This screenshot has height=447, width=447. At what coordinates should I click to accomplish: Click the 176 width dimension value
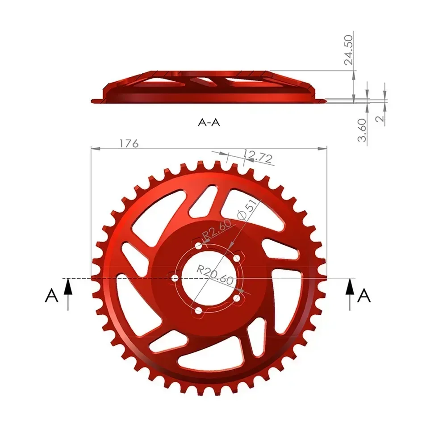tap(129, 143)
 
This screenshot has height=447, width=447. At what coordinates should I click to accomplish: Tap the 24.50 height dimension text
tap(349, 50)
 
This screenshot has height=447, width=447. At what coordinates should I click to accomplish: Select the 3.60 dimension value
tap(362, 130)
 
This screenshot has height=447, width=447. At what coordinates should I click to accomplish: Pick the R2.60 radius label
tap(217, 230)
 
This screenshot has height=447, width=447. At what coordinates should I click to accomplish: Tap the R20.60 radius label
tap(215, 275)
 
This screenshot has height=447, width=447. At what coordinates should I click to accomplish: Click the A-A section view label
tap(209, 122)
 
